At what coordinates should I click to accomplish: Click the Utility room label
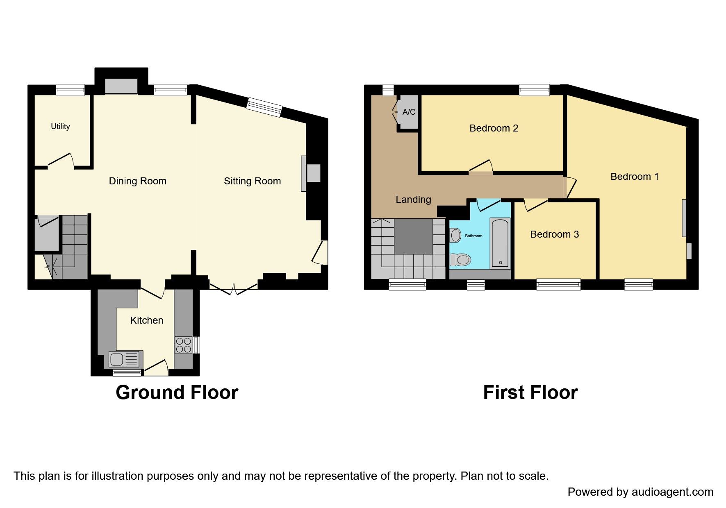pyautogui.click(x=60, y=127)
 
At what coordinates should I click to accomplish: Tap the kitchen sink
pyautogui.click(x=125, y=360)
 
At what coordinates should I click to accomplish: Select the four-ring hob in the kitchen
pyautogui.click(x=183, y=345)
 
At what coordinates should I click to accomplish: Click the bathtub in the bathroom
pyautogui.click(x=500, y=243)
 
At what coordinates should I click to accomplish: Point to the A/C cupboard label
pyautogui.click(x=409, y=112)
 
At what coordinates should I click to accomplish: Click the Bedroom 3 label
pyautogui.click(x=554, y=234)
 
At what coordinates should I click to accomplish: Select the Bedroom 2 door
pyautogui.click(x=481, y=166)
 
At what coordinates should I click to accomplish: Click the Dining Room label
pyautogui.click(x=137, y=181)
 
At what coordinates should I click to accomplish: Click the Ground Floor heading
pyautogui.click(x=177, y=392)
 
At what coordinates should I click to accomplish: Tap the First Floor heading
pyautogui.click(x=530, y=392)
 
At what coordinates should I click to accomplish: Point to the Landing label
pyautogui.click(x=413, y=200)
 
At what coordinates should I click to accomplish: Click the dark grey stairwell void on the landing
pyautogui.click(x=413, y=236)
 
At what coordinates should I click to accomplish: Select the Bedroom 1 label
pyautogui.click(x=634, y=177)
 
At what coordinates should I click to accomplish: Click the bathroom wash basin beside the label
pyautogui.click(x=455, y=236)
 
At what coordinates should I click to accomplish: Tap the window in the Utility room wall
pyautogui.click(x=70, y=90)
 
